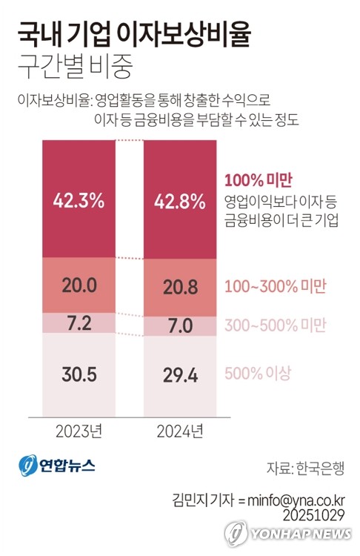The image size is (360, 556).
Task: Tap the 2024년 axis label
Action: (180, 431)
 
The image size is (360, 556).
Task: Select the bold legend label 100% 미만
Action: (258, 179)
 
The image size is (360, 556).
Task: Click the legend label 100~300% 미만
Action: (276, 286)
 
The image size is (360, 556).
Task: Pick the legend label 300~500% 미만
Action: (276, 325)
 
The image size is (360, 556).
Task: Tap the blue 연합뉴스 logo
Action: (57, 465)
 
